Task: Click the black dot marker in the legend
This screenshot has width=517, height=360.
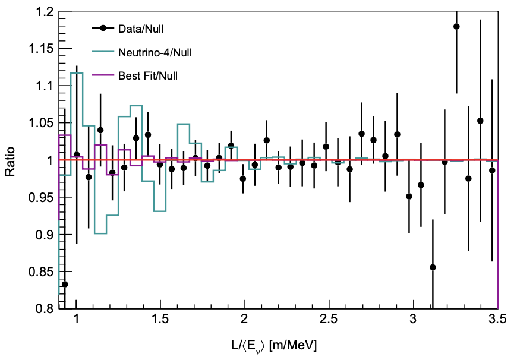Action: point(103,28)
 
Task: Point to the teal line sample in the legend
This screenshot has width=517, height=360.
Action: point(103,52)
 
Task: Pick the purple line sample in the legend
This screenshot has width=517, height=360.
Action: point(103,75)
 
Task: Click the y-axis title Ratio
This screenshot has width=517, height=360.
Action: point(10,160)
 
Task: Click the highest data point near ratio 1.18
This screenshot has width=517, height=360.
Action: point(456,26)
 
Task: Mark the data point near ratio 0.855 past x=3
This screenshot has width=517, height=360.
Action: point(433,267)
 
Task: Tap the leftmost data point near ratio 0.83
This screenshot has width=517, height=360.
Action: point(65,284)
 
